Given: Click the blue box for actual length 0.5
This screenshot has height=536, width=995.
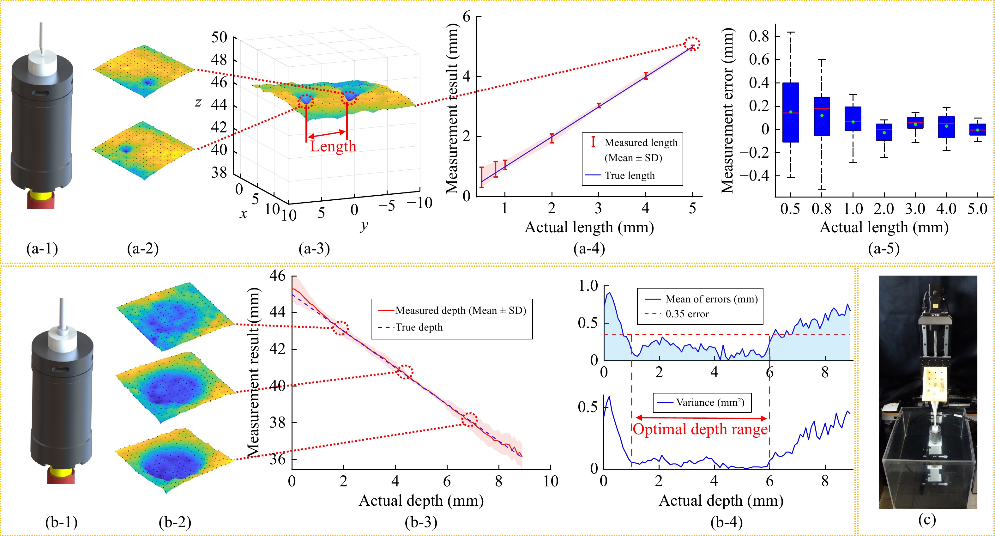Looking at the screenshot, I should click(791, 112).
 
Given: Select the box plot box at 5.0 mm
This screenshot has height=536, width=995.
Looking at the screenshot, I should click(978, 130).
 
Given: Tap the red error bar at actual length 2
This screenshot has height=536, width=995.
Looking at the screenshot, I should click(552, 138).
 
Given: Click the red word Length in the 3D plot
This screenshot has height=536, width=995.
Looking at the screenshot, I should click(333, 146).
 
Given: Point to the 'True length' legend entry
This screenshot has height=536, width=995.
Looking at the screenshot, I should click(630, 176).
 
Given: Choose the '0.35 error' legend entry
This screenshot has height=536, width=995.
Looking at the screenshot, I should click(687, 314).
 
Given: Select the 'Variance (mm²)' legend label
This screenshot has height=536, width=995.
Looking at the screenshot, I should click(710, 403).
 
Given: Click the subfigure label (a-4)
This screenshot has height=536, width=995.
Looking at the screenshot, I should click(589, 248).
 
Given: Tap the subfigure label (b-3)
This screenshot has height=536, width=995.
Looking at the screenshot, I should click(421, 522).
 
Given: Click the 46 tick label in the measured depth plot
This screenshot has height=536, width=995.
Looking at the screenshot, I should click(277, 276).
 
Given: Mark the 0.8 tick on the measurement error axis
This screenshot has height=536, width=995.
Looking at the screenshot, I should click(759, 36).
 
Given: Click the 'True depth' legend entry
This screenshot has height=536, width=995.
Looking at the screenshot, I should click(419, 327).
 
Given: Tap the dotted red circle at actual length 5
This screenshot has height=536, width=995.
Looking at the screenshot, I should click(692, 44).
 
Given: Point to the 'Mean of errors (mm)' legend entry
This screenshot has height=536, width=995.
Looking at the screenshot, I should click(711, 299).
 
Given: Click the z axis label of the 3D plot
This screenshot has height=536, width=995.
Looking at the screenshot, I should click(198, 102).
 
